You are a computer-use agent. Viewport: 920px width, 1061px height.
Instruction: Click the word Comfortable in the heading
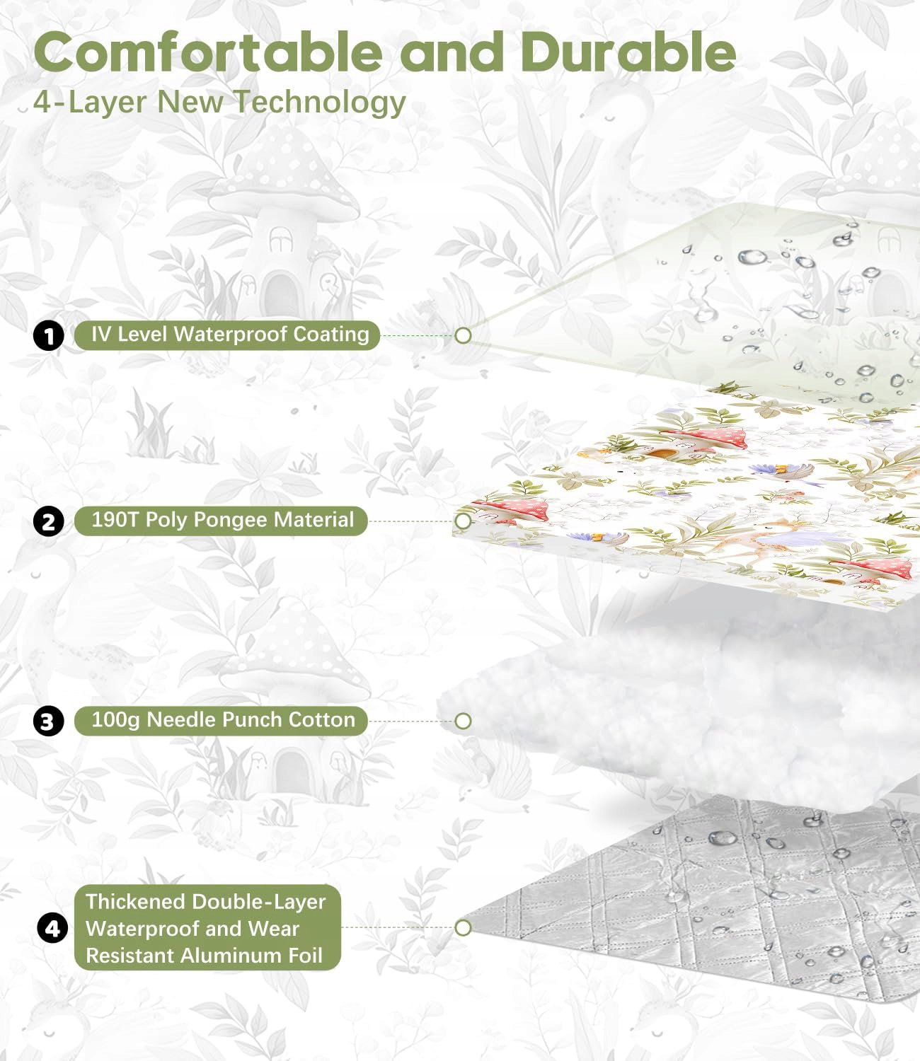pyautogui.click(x=208, y=52)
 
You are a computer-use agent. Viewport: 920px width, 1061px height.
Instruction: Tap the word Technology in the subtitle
pyautogui.click(x=319, y=103)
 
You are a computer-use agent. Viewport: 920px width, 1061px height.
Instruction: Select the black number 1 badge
pyautogui.click(x=48, y=336)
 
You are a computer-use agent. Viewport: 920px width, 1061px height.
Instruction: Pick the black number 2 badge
pyautogui.click(x=48, y=521)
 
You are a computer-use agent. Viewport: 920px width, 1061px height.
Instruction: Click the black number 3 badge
pyautogui.click(x=48, y=721)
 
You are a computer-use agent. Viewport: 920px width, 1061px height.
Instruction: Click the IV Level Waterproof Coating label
pyautogui.click(x=227, y=335)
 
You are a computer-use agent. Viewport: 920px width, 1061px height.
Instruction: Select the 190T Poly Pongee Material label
pyautogui.click(x=221, y=521)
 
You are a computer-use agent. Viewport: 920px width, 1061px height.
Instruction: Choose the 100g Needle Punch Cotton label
pyautogui.click(x=221, y=721)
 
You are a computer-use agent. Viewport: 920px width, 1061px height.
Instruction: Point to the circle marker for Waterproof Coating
pyautogui.click(x=463, y=336)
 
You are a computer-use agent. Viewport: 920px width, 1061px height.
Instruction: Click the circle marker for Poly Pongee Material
pyautogui.click(x=463, y=521)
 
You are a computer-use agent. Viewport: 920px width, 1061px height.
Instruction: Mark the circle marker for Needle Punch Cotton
pyautogui.click(x=463, y=721)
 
